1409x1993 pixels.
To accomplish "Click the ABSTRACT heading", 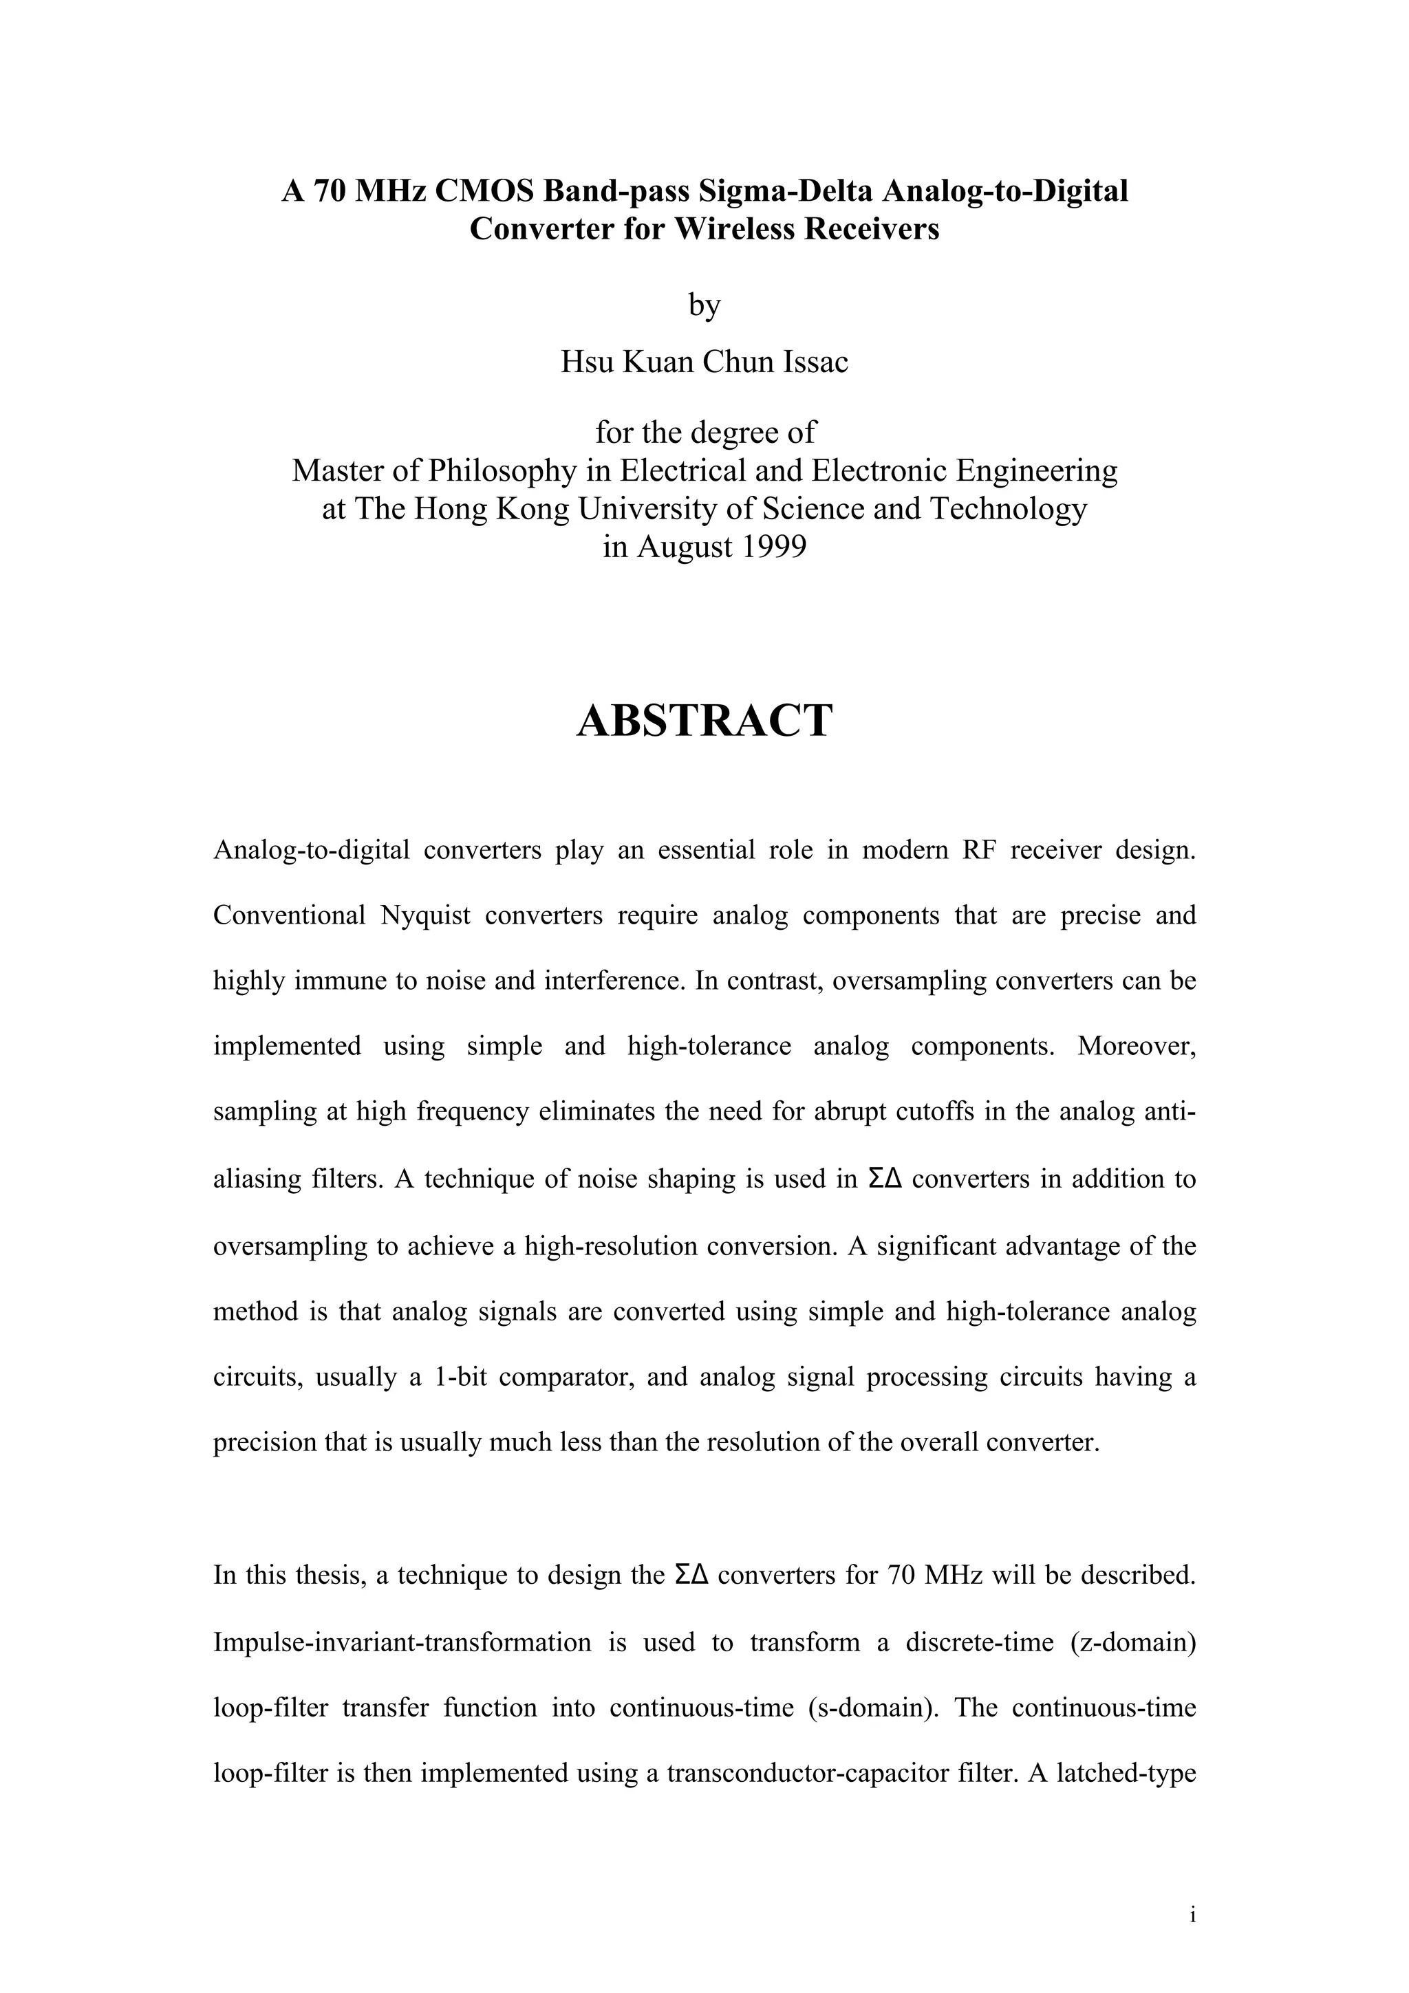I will [704, 721].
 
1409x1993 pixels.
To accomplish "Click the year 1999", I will [769, 547].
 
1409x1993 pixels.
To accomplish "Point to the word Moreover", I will [1137, 1047].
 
